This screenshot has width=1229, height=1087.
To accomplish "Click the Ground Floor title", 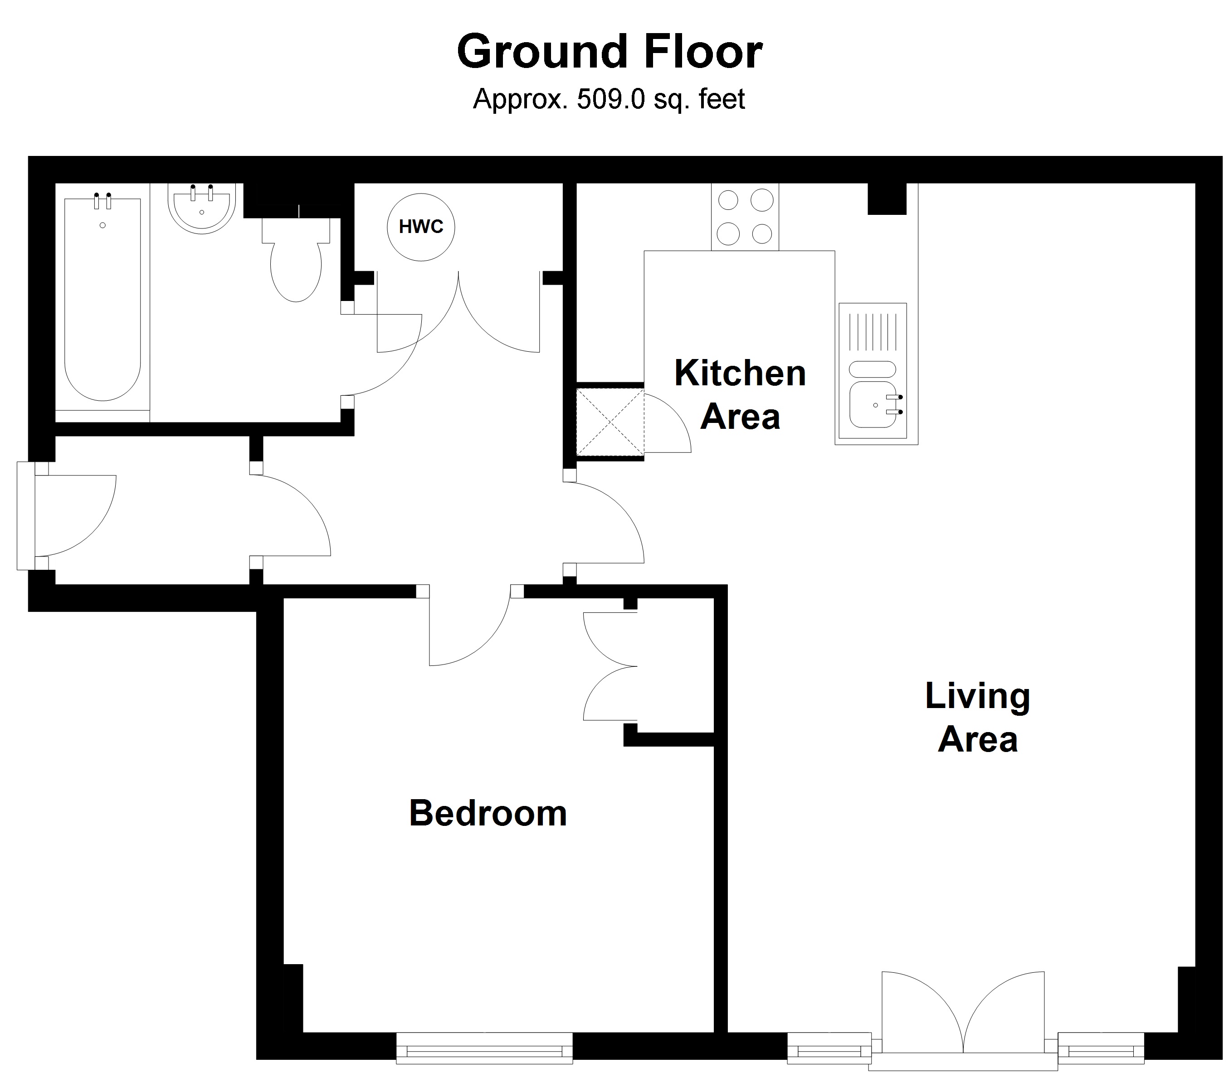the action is pyautogui.click(x=610, y=52).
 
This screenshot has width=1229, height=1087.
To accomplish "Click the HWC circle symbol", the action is pyautogui.click(x=421, y=227).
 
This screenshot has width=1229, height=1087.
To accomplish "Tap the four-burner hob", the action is pyautogui.click(x=745, y=217).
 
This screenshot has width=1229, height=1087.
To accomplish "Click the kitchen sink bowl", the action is pyautogui.click(x=873, y=405).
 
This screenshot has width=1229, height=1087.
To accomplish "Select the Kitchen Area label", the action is pyautogui.click(x=740, y=395).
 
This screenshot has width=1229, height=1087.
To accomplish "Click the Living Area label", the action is pyautogui.click(x=978, y=718).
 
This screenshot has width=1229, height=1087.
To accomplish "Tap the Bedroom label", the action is pyautogui.click(x=488, y=814).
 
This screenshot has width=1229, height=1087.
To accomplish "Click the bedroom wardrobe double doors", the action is pyautogui.click(x=610, y=666).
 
